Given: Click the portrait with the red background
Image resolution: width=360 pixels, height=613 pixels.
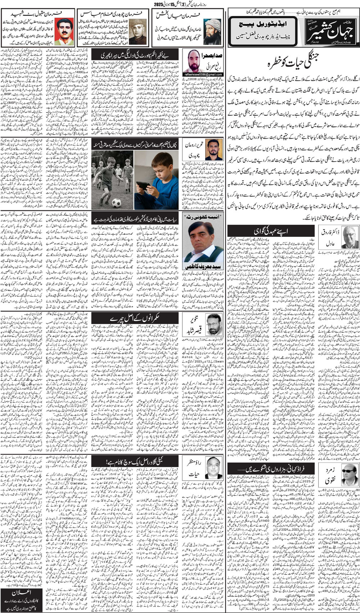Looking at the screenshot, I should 65,31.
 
